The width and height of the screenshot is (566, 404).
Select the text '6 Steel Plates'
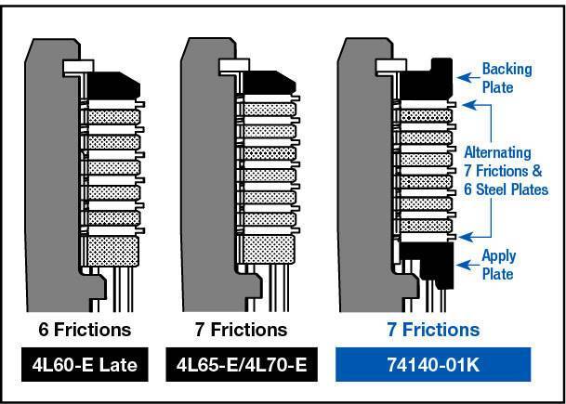(510, 189)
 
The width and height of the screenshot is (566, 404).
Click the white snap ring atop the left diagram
(73, 67)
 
